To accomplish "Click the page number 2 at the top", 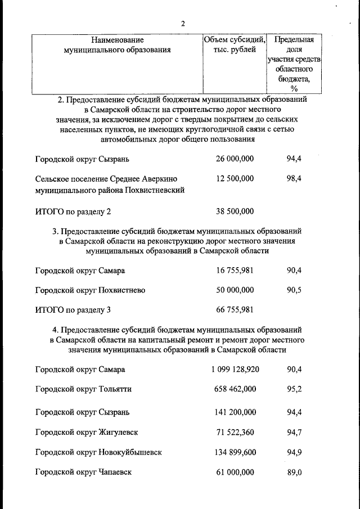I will tap(183, 23).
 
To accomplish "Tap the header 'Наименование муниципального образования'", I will tap(118, 44).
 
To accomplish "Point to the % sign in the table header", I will tap(294, 88).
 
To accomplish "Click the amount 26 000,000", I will tap(235, 159).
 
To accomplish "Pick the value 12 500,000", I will tap(235, 178).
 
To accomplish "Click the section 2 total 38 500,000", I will tap(235, 211).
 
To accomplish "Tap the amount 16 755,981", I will tap(235, 271).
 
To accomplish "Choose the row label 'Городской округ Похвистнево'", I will tap(90, 290).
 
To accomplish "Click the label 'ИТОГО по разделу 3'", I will tap(73, 310).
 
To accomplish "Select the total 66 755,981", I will tap(235, 310).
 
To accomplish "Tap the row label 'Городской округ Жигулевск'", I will tap(87, 433).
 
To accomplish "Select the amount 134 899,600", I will tap(235, 452).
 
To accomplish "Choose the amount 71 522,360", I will tap(235, 432).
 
